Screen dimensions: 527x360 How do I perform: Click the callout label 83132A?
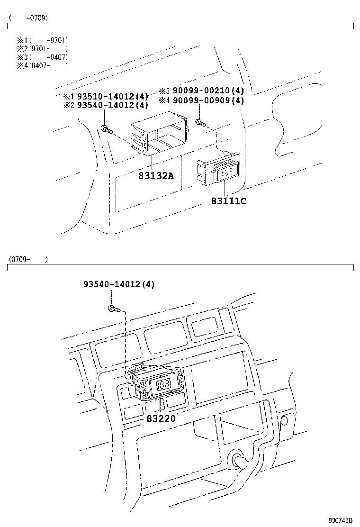click(x=156, y=176)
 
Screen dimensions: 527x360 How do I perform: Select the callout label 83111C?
click(x=229, y=201)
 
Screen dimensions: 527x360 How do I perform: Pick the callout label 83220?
click(x=161, y=418)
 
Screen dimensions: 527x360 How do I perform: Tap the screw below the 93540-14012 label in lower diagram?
click(x=113, y=309)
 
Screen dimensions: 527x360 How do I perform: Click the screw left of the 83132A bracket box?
click(x=106, y=128)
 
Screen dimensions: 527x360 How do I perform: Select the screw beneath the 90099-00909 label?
click(x=200, y=123)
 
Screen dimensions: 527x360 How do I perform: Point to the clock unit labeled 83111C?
click(x=218, y=170)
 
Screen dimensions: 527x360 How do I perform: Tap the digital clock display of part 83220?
click(x=162, y=384)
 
